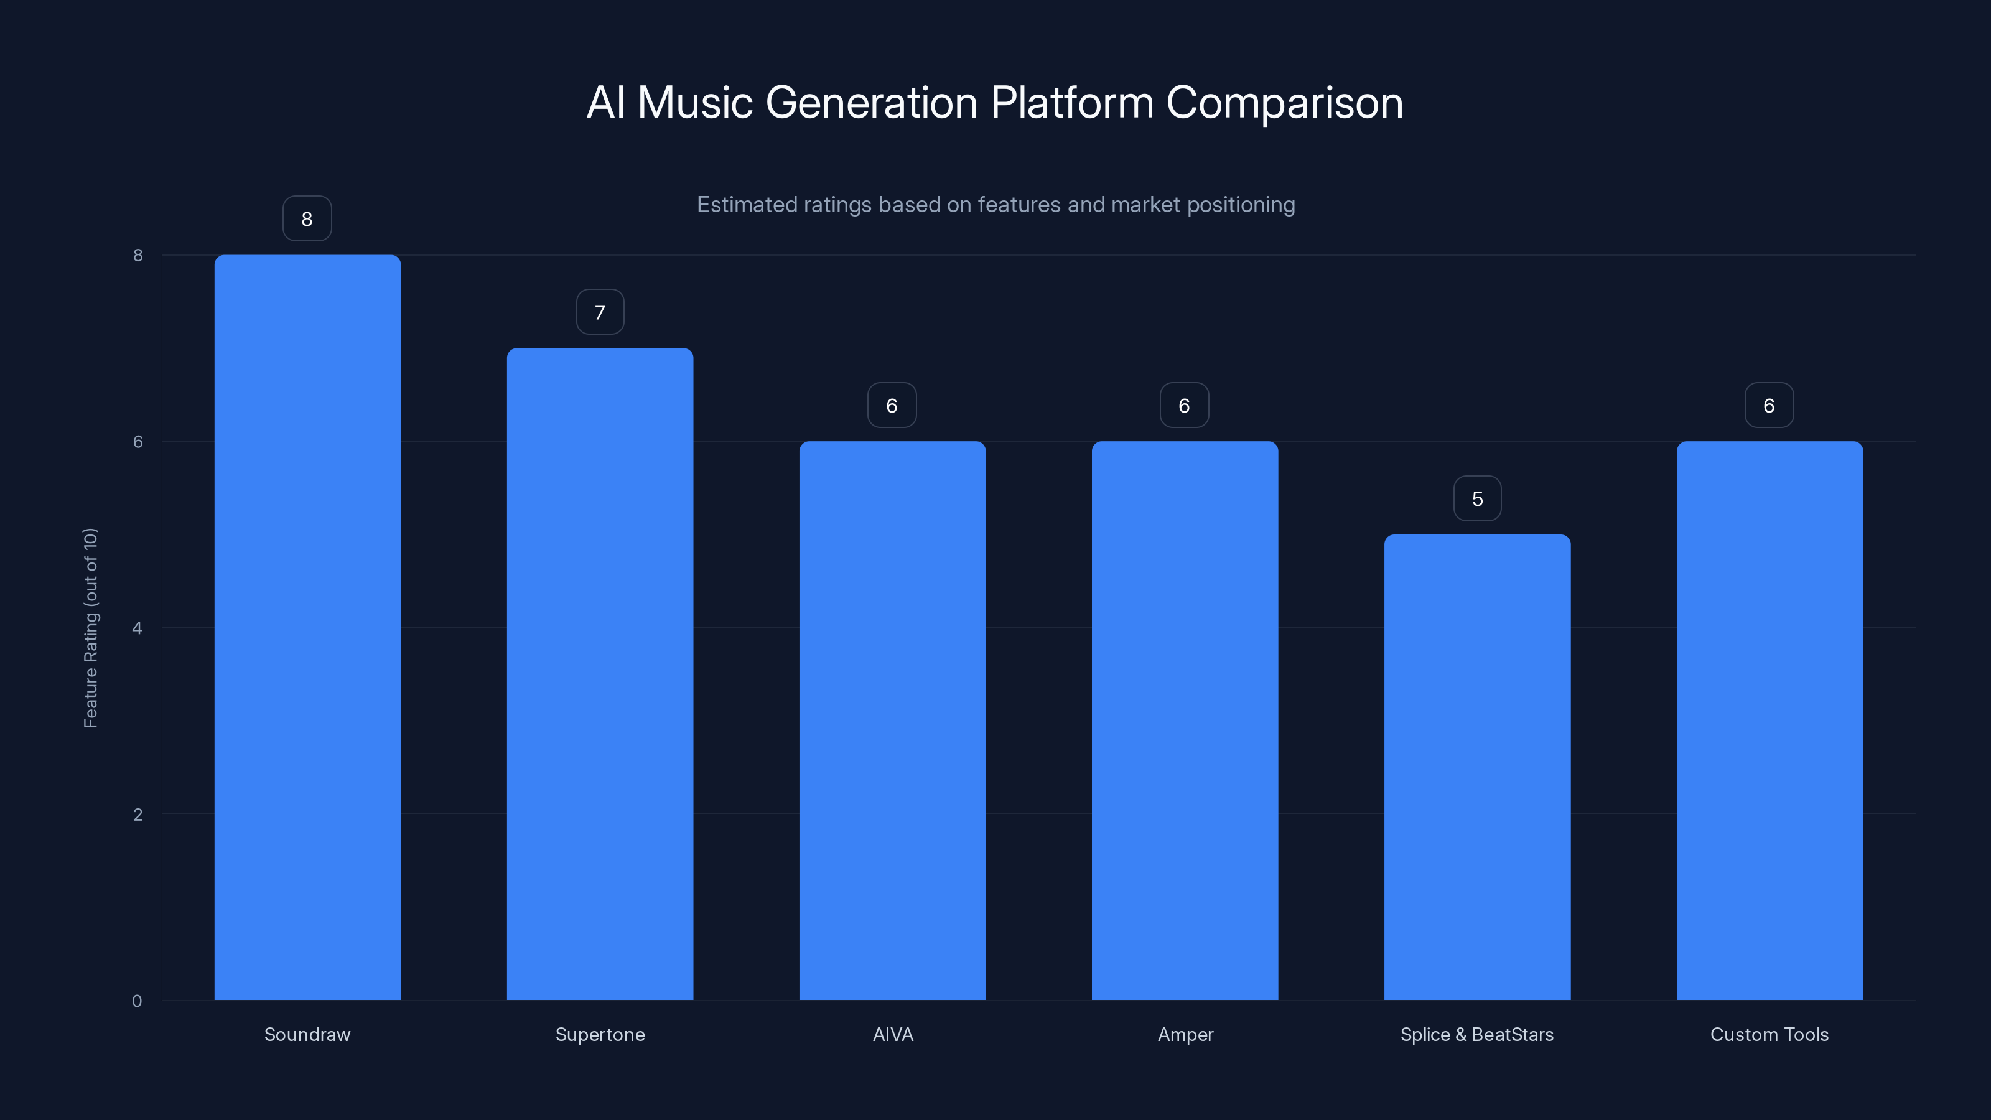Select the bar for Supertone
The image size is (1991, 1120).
click(600, 673)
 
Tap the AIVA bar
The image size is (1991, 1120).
click(892, 720)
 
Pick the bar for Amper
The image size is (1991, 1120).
click(1184, 720)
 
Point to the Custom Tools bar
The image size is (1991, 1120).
click(1769, 720)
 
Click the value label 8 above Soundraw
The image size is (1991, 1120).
click(307, 219)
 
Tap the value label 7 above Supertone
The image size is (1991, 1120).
click(600, 312)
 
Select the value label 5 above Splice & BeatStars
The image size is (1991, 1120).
click(1477, 498)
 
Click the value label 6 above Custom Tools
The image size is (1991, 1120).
click(1769, 406)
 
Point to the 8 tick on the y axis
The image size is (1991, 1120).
click(138, 255)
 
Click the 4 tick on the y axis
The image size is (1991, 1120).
click(138, 628)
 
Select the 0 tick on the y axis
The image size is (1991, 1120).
click(138, 1001)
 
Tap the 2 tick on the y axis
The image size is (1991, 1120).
click(138, 814)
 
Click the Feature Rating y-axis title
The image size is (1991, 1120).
click(90, 628)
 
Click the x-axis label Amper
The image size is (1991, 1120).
click(1185, 1034)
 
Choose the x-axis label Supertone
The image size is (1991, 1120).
click(600, 1034)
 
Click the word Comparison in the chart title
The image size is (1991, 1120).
click(1284, 103)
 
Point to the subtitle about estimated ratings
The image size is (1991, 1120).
click(995, 205)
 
